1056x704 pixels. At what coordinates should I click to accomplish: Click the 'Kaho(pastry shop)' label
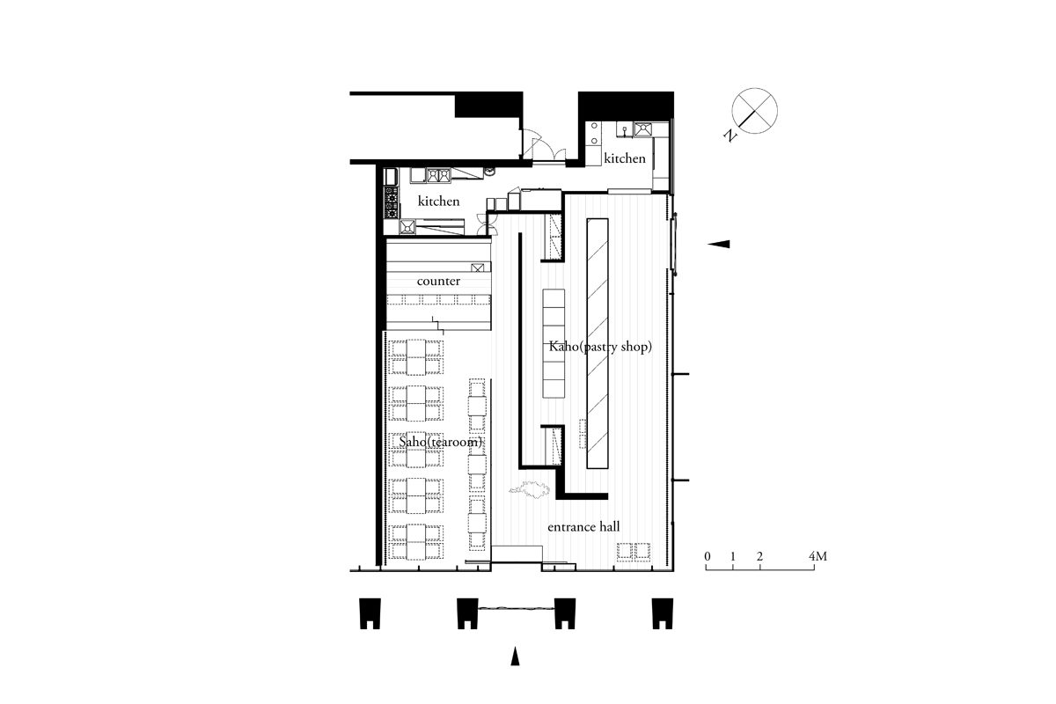tap(600, 347)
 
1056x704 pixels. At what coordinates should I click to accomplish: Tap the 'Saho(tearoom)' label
tap(441, 443)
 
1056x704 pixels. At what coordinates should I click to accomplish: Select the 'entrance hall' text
tap(583, 527)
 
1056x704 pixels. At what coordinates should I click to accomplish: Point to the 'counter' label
tap(438, 281)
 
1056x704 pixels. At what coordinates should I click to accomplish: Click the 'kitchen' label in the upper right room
tap(625, 158)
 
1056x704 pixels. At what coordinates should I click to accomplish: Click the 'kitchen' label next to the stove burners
tap(438, 201)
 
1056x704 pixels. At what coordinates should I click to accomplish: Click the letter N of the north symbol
tap(730, 135)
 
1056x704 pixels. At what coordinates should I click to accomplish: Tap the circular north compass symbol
tap(754, 111)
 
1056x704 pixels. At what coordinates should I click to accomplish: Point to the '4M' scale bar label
tap(818, 556)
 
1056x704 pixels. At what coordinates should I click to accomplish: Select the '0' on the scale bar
tap(708, 556)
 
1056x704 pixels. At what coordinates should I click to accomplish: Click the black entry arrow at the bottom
tap(515, 656)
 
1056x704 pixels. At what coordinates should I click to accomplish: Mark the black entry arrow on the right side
tap(718, 244)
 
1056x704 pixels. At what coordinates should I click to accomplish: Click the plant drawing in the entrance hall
tap(530, 490)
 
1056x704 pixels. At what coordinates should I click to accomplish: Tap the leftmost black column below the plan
tap(370, 613)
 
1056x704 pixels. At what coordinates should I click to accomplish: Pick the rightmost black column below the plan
tap(663, 613)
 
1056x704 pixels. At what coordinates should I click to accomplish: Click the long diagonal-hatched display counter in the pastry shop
tap(598, 343)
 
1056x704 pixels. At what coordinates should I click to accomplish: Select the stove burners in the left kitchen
tap(391, 203)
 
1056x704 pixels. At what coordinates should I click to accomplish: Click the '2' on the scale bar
tap(759, 556)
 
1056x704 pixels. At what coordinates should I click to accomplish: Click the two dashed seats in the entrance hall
tap(634, 551)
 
